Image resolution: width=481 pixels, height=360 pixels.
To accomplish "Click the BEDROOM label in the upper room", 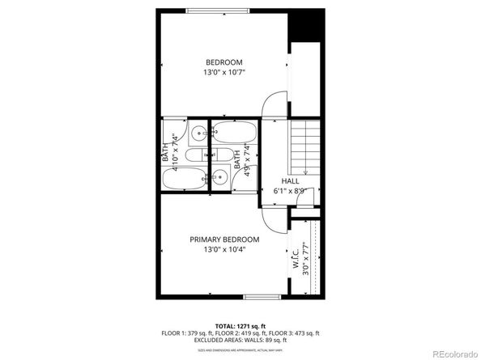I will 223,62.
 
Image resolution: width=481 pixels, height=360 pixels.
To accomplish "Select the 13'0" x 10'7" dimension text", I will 223,73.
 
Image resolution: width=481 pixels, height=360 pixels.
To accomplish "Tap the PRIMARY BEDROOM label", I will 224,239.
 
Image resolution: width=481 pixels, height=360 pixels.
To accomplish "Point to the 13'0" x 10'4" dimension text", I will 224,250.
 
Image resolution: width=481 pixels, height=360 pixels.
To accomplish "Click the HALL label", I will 291,180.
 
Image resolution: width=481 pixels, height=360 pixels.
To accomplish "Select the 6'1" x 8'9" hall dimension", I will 291,190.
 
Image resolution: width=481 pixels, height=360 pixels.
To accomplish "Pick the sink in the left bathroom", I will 198,133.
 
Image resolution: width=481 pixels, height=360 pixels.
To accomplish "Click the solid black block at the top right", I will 307,25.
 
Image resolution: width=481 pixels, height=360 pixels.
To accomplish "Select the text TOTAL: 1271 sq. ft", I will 240,324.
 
